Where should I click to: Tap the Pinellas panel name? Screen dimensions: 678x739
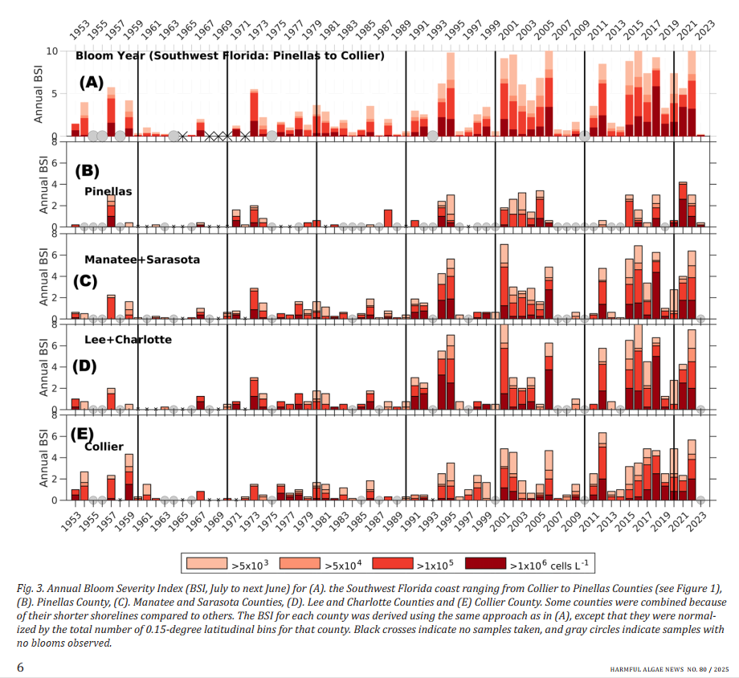(108, 191)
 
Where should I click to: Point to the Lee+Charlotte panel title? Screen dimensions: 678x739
(128, 340)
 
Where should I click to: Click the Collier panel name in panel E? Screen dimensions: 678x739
(104, 446)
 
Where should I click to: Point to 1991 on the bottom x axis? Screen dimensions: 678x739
(410, 516)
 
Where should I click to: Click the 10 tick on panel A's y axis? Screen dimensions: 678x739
(52, 51)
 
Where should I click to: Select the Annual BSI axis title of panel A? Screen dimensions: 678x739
(38, 94)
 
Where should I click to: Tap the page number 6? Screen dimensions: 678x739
(21, 667)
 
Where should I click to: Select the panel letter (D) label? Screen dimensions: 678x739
(84, 366)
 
